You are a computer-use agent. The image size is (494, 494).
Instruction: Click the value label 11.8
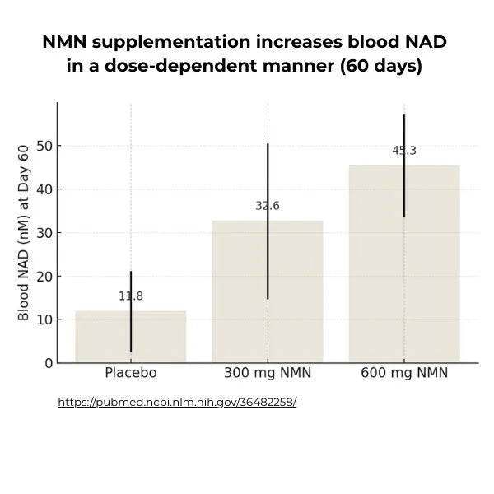coord(130,296)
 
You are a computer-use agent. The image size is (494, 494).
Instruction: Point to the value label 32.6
coord(268,206)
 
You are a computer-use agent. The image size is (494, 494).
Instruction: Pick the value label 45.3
coord(404,151)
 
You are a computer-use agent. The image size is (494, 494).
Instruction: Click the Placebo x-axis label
coord(130,373)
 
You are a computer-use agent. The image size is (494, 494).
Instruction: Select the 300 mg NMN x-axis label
coord(268,373)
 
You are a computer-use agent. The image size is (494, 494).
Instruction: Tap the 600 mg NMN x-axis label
coord(404,373)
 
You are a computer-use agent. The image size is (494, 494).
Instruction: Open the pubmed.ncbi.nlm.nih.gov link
coord(177,403)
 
